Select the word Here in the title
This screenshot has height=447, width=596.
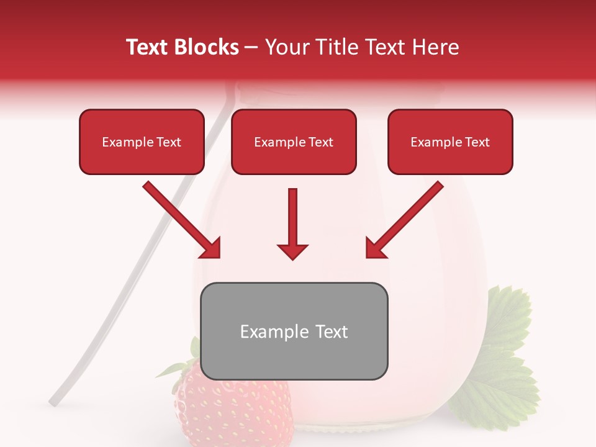coord(436,47)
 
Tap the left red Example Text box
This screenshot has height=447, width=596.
coord(142,142)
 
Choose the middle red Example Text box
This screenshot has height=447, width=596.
coord(294,142)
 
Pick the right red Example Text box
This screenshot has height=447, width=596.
coord(450,142)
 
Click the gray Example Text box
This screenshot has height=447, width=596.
coord(294,332)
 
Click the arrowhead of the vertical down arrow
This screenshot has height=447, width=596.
coord(292,251)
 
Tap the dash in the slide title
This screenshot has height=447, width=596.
coord(251,48)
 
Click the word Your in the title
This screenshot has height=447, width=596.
coord(283,47)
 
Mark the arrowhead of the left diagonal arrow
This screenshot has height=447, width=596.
coord(210,248)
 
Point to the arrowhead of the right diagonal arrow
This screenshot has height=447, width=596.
coord(375,248)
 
